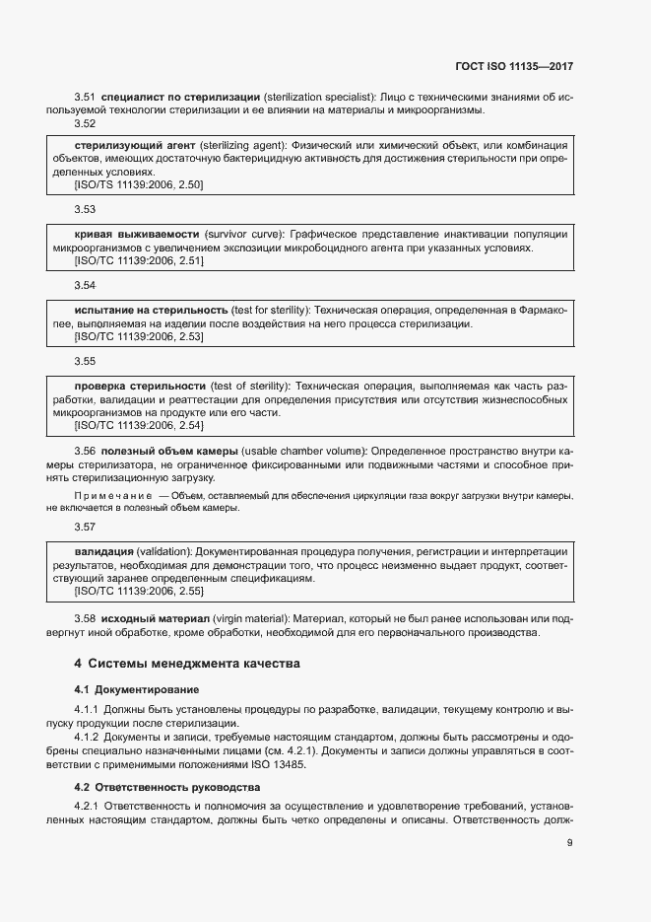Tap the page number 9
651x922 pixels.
tap(570, 842)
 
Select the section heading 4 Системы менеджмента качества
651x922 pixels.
tap(187, 664)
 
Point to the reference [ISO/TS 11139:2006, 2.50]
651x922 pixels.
tap(139, 185)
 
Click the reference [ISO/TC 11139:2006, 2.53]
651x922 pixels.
tap(139, 337)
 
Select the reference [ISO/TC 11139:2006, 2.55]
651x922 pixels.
tap(139, 591)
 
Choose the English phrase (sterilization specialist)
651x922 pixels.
tap(319, 98)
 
